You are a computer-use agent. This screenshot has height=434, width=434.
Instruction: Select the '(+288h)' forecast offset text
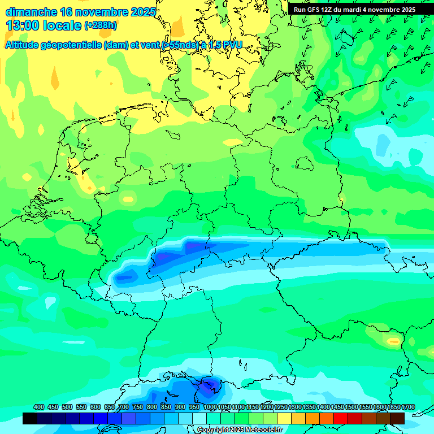102,25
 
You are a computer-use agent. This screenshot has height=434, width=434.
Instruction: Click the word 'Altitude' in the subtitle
25,45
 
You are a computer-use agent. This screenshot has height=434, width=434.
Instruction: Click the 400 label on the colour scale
39,407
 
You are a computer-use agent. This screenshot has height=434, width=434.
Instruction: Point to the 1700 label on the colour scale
394,407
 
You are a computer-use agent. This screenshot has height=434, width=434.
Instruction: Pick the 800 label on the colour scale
152,407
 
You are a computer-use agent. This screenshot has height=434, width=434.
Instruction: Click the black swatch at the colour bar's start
29,418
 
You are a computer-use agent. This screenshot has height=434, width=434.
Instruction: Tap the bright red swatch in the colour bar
340,418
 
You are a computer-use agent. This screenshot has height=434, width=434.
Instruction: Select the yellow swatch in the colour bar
284,418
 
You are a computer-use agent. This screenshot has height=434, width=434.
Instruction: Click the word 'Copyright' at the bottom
212,430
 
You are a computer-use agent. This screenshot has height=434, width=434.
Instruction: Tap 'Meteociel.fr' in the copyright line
264,430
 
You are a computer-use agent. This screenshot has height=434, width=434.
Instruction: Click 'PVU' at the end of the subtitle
231,45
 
